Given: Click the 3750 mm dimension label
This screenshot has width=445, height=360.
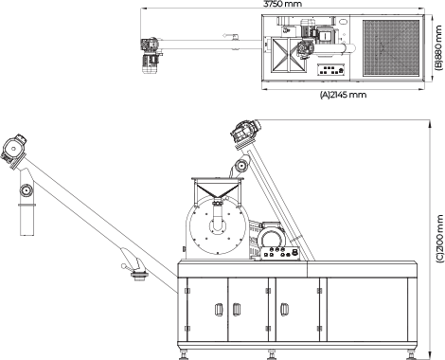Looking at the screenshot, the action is coord(282,4).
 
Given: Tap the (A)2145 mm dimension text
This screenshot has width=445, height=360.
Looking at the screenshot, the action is coord(343,95).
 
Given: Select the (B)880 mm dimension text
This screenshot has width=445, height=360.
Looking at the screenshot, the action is coord(439,47).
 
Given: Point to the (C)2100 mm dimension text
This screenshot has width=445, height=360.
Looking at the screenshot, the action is coord(439,239).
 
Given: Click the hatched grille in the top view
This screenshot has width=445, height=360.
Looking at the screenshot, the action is coord(391,47).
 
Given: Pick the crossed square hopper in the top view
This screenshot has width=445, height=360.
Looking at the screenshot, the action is coord(287,55).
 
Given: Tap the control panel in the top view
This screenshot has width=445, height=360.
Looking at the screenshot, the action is coord(331,70).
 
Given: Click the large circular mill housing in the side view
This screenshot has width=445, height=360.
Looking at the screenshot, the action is coord(217,225).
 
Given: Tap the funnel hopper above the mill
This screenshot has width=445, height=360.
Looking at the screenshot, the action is coord(218,188).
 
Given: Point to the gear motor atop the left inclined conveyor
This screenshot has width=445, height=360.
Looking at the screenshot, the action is coord(14,149).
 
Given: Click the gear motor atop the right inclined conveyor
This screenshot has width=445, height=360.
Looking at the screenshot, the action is coord(245,133).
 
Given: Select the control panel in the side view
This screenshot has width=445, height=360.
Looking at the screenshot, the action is coord(281,254).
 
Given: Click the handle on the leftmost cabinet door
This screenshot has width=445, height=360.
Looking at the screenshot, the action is coord(219,310).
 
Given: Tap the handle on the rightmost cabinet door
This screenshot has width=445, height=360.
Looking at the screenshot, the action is coord(284,310).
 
